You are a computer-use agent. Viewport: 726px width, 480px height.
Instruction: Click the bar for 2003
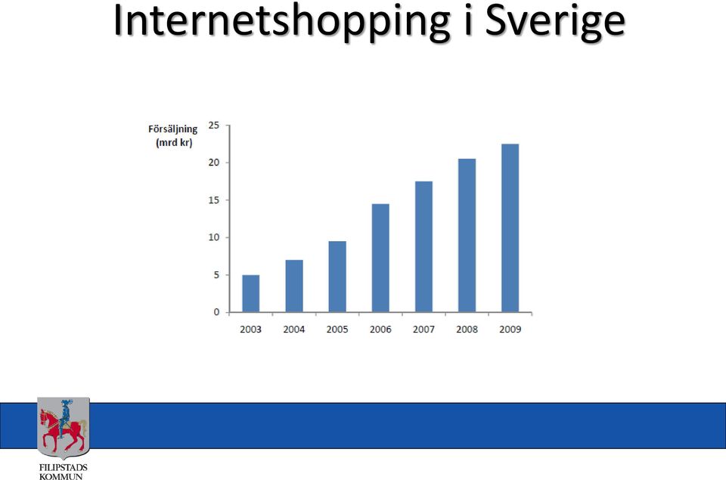click(x=250, y=293)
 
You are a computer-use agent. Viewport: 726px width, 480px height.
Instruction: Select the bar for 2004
click(x=294, y=286)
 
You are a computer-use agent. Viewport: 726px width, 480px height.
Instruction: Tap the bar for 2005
click(x=337, y=277)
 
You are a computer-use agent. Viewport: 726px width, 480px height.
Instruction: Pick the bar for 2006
click(x=380, y=258)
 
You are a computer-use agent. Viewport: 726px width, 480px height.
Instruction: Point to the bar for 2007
click(x=423, y=246)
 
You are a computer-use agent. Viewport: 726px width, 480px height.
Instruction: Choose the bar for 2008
click(x=467, y=236)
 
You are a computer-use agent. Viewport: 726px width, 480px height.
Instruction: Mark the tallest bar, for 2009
click(x=510, y=228)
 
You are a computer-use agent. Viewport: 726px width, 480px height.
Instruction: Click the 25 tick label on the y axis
click(x=214, y=125)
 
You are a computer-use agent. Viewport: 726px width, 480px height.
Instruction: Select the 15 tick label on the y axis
click(x=214, y=200)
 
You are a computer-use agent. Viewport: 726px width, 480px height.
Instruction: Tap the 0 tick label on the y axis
click(x=217, y=312)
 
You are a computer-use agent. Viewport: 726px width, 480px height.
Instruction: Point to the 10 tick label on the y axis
click(x=214, y=237)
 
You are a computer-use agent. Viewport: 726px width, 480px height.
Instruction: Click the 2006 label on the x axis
click(x=380, y=329)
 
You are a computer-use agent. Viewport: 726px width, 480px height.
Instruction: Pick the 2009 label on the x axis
click(x=510, y=329)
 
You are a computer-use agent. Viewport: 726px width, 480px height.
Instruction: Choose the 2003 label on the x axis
click(x=250, y=329)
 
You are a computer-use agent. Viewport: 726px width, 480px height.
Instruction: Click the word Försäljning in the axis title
click(x=172, y=129)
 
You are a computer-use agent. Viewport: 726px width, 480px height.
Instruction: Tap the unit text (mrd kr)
click(x=174, y=143)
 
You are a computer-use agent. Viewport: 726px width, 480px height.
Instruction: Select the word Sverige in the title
click(x=556, y=22)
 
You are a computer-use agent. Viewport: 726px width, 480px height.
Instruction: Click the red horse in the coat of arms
click(x=61, y=429)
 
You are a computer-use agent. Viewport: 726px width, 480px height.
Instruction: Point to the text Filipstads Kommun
click(x=63, y=472)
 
